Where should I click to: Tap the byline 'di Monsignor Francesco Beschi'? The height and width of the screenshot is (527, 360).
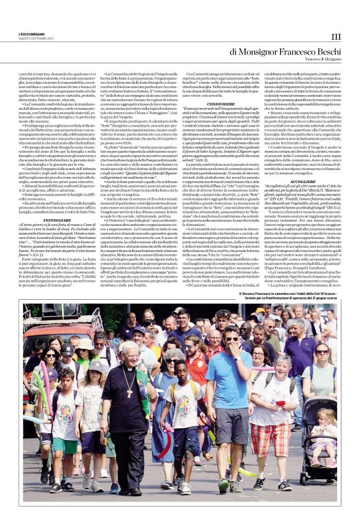coord(286,52)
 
